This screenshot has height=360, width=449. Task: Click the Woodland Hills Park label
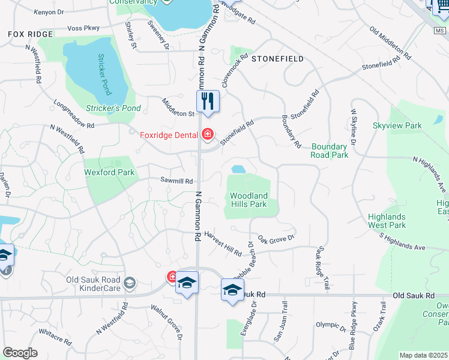pos(249,200)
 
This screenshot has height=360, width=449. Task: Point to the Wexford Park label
pos(110,173)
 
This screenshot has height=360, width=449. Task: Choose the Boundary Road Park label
pos(330,151)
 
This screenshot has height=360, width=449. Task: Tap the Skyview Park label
pos(397,125)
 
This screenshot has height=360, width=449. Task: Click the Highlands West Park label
pos(388,221)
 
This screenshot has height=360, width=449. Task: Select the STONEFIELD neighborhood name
pos(277,59)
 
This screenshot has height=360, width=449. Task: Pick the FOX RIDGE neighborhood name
pos(31,34)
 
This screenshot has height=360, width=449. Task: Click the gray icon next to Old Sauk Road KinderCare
pos(128,283)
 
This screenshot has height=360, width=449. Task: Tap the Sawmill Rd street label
pos(176,181)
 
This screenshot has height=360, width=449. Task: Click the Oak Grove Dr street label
pos(277,239)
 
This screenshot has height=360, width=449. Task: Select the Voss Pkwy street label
pos(83,28)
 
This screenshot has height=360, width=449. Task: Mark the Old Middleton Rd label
pos(390,43)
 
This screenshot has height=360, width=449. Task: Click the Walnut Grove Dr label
pos(166,323)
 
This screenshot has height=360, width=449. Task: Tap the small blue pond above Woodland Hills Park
pos(238,169)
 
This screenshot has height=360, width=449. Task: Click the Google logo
pos(20,353)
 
